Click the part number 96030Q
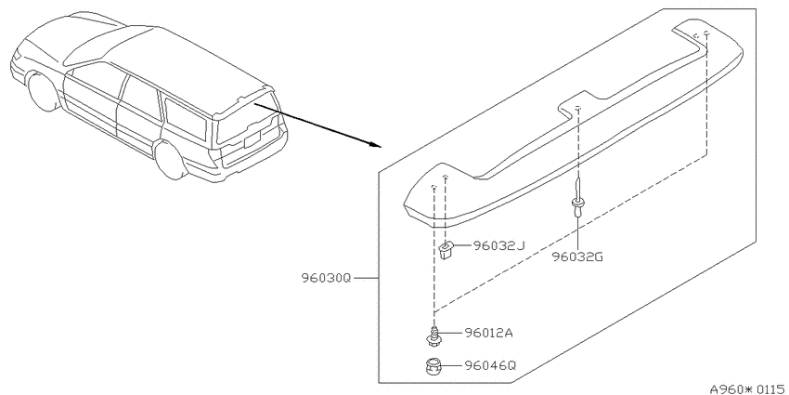326,278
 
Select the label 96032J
498,245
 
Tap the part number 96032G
577,257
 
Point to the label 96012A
488,333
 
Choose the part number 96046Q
489,365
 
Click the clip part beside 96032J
446,249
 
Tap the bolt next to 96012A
433,336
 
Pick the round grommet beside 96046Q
433,366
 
